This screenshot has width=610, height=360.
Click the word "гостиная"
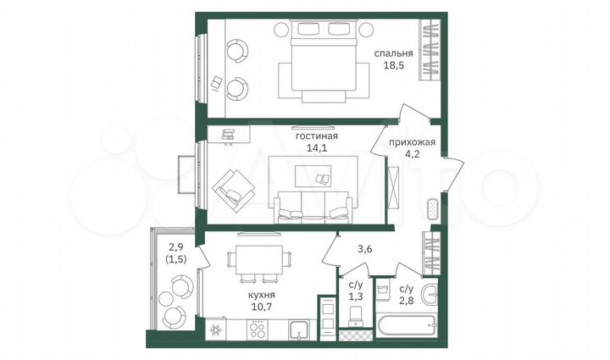[316, 135]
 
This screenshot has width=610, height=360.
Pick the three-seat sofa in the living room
[314, 208]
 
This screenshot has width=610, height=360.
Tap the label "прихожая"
[412, 142]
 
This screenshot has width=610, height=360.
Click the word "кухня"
[261, 294]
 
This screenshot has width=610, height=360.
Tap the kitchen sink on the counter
[297, 329]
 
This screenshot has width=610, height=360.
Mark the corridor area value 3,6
[364, 250]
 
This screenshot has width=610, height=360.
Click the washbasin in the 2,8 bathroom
[430, 293]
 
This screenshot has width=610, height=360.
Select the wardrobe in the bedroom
[430, 52]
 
